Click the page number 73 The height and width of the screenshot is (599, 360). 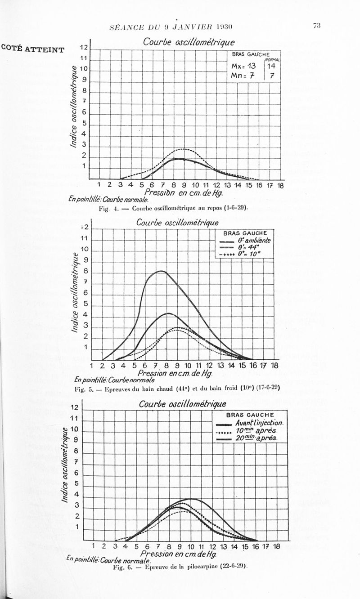tap(316, 26)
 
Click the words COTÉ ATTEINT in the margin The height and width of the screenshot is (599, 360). tap(33, 49)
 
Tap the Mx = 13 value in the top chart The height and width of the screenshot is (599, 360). tap(243, 66)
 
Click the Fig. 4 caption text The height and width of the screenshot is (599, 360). tap(173, 208)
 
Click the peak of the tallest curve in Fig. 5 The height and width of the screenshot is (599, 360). tap(161, 271)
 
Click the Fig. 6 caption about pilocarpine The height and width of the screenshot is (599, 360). tap(181, 566)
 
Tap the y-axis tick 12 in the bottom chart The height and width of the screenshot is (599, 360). tap(75, 408)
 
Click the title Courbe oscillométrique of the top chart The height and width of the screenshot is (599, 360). tap(189, 42)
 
